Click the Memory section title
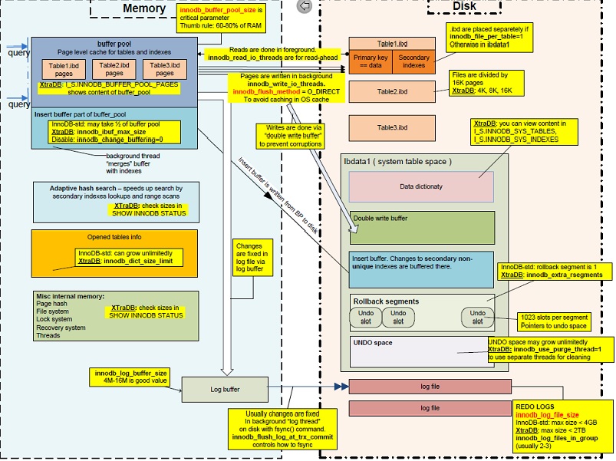144,8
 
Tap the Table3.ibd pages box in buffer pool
159,70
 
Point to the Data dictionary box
420,186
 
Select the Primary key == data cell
371,61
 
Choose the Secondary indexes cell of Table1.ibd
413,61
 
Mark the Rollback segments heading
385,301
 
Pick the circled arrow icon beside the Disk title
304,6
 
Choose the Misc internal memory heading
71,296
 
